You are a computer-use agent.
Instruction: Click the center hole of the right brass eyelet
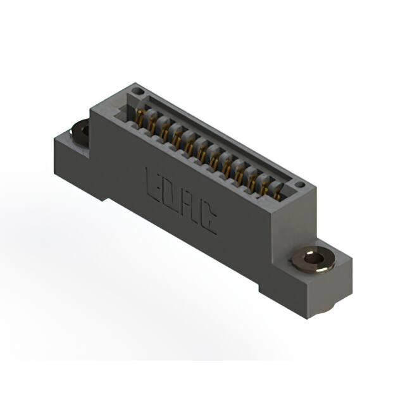click(313, 258)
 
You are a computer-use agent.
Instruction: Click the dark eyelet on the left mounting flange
click(80, 133)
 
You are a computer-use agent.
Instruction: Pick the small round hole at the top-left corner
click(137, 91)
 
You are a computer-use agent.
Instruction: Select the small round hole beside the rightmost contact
click(300, 184)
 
